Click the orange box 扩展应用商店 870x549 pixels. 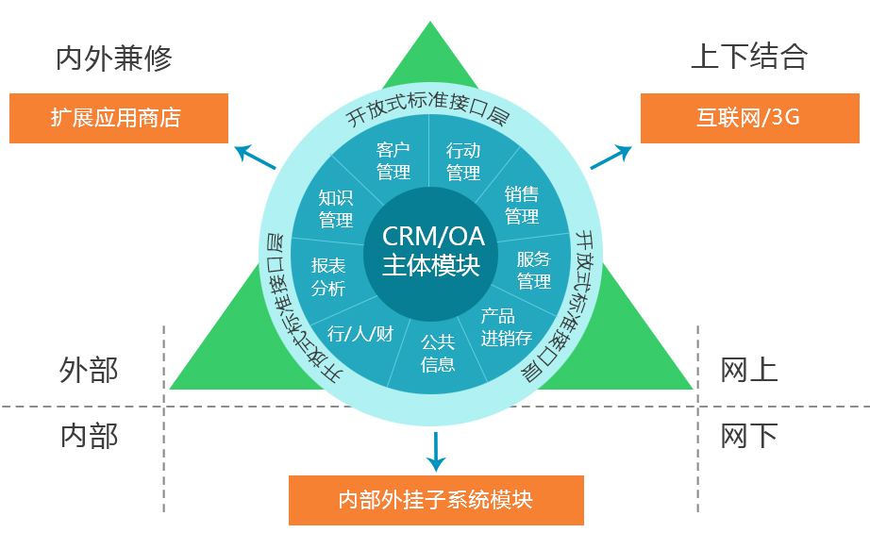tap(118, 118)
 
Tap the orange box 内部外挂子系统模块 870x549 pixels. tap(435, 499)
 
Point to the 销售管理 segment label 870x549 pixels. tap(521, 205)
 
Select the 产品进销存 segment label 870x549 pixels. tap(506, 326)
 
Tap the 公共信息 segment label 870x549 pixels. tap(438, 352)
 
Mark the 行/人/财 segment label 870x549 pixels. tap(360, 333)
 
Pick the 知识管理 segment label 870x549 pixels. tap(335, 208)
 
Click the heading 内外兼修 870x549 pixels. tap(114, 59)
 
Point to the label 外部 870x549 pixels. tap(89, 369)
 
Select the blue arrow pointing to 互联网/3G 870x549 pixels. tap(611, 156)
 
